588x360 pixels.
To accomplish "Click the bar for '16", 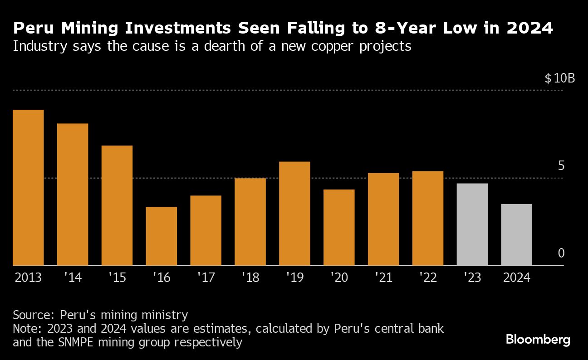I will [x=162, y=236].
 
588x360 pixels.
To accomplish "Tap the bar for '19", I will [x=294, y=213].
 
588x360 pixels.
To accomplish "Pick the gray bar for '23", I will [x=472, y=224].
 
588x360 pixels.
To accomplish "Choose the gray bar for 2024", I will [x=517, y=234].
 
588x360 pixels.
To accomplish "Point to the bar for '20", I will [x=339, y=227].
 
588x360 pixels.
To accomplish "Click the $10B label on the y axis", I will [x=559, y=78].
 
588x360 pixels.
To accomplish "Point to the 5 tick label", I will [x=561, y=166].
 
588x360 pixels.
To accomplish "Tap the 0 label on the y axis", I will [x=561, y=253].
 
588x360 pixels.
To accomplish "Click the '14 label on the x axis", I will [x=73, y=277].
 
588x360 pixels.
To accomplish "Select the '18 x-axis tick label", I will [x=250, y=277].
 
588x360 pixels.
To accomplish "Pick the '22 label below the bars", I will [x=427, y=277].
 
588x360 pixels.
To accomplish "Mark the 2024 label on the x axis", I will [x=516, y=277].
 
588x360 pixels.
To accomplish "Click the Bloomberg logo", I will [x=538, y=340].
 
